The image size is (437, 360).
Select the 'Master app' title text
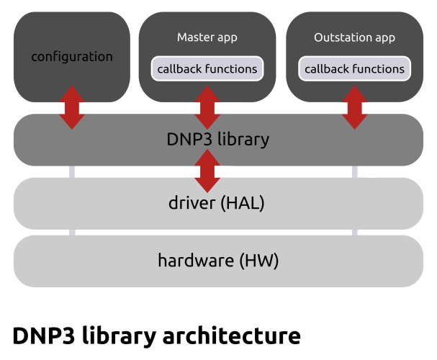[x=207, y=37]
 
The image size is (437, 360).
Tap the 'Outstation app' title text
[x=354, y=37]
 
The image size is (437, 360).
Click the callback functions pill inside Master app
[x=207, y=69]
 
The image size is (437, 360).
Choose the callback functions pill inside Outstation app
[x=354, y=69]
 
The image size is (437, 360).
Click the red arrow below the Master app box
[x=207, y=107]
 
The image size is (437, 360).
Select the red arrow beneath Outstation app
[x=354, y=107]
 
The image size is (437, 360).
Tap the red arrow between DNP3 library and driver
[x=207, y=171]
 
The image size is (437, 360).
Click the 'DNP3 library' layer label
[x=218, y=139]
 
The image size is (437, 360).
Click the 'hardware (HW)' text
[x=218, y=260]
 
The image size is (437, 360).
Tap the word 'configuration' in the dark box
[x=72, y=56]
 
